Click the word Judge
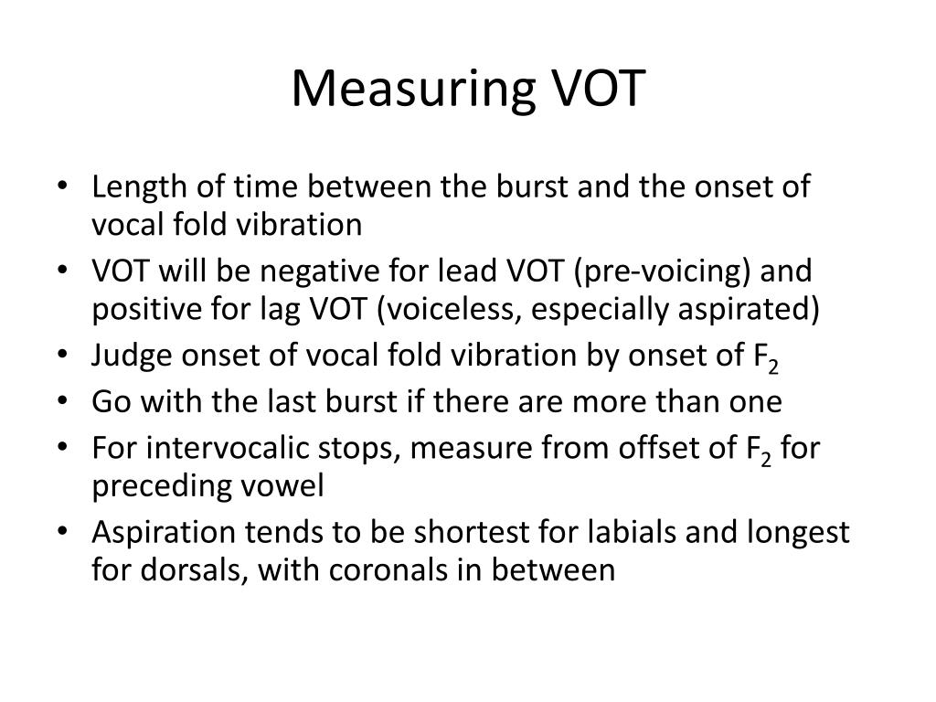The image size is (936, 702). pyautogui.click(x=132, y=356)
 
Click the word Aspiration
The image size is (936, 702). pyautogui.click(x=163, y=533)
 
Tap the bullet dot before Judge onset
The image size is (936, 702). pyautogui.click(x=62, y=355)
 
